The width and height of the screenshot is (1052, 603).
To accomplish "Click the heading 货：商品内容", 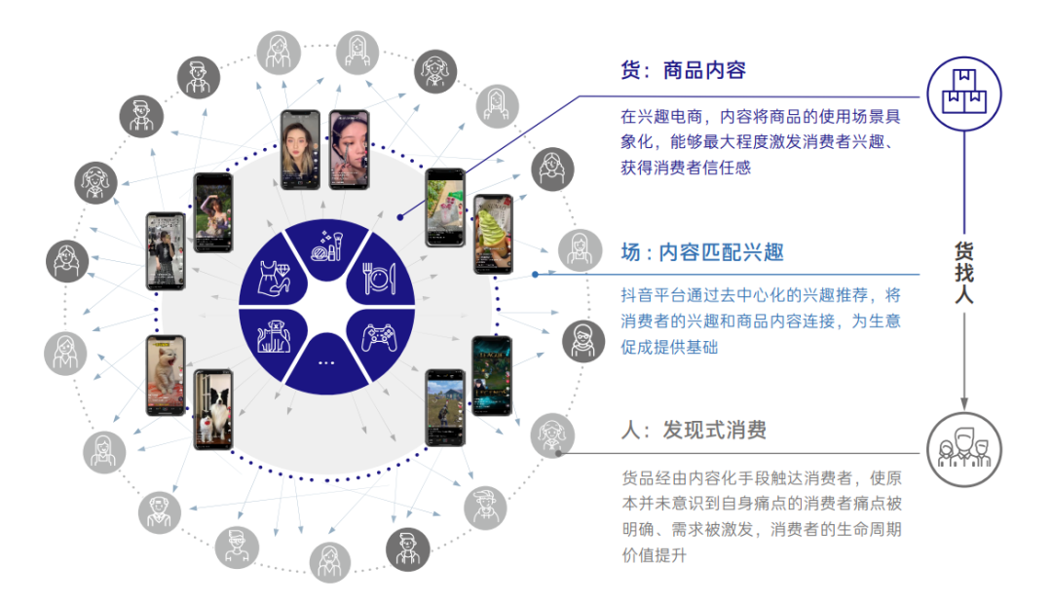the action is tap(683, 71).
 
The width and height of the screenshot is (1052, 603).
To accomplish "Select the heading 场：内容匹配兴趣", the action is tap(702, 252).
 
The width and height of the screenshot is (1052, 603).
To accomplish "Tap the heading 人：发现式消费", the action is tap(694, 430).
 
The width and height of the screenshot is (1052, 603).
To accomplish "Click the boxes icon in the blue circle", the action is tap(964, 92).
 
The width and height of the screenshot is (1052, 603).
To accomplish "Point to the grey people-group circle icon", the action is tap(964, 450).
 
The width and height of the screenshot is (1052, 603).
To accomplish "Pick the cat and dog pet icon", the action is tap(273, 337).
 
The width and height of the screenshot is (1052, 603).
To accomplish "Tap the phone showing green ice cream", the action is tap(492, 235).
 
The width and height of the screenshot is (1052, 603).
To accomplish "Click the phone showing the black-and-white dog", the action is tap(212, 410).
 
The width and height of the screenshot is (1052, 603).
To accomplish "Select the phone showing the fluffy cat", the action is tap(166, 375).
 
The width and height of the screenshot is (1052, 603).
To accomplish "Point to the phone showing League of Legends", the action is tap(491, 376).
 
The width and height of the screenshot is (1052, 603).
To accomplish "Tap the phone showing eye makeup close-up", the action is tap(349, 149).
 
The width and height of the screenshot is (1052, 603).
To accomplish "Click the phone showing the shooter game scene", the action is tap(444, 408).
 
